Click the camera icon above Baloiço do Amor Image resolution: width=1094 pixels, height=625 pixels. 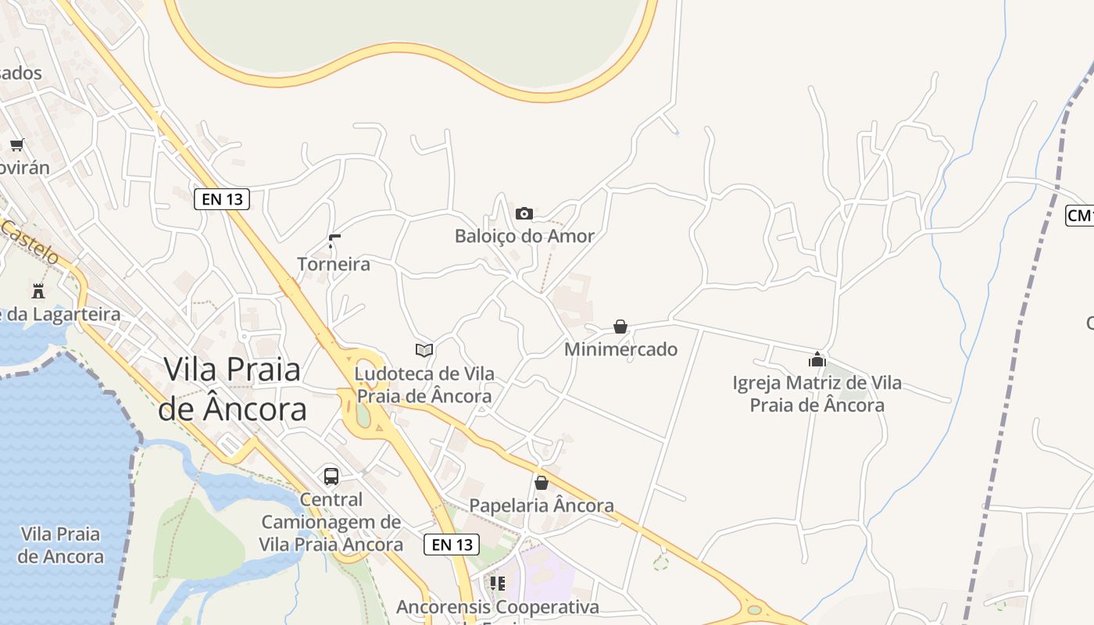[x=524, y=213]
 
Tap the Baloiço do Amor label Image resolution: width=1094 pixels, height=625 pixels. [x=524, y=236]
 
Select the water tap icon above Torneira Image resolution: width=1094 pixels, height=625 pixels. [x=334, y=241]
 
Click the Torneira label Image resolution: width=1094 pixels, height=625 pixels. [x=334, y=264]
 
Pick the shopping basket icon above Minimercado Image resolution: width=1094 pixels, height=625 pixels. [x=620, y=327]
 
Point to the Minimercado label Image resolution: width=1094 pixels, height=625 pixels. [x=620, y=349]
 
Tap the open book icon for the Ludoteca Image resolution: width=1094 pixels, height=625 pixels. [x=424, y=350]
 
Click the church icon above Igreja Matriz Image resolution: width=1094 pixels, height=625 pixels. [x=817, y=359]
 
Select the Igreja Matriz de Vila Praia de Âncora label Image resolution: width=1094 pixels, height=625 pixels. [x=817, y=394]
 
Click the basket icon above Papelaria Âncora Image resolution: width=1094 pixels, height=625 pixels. [x=541, y=483]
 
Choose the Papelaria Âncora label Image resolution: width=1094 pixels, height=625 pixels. [x=541, y=505]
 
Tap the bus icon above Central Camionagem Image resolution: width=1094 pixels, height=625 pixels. [x=331, y=476]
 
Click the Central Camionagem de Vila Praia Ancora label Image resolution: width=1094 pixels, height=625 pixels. [x=331, y=522]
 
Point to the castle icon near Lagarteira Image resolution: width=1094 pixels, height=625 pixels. [x=38, y=291]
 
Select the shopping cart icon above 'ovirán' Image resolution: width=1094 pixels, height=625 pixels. [x=17, y=145]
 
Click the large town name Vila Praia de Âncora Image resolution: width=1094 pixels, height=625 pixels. [x=231, y=388]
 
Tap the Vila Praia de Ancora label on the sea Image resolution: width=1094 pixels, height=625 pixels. [x=61, y=545]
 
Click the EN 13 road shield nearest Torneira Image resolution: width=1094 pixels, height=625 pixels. [x=222, y=199]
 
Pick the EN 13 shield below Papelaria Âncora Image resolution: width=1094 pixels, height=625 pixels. [x=452, y=545]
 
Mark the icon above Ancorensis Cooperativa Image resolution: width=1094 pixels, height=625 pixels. [x=497, y=583]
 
